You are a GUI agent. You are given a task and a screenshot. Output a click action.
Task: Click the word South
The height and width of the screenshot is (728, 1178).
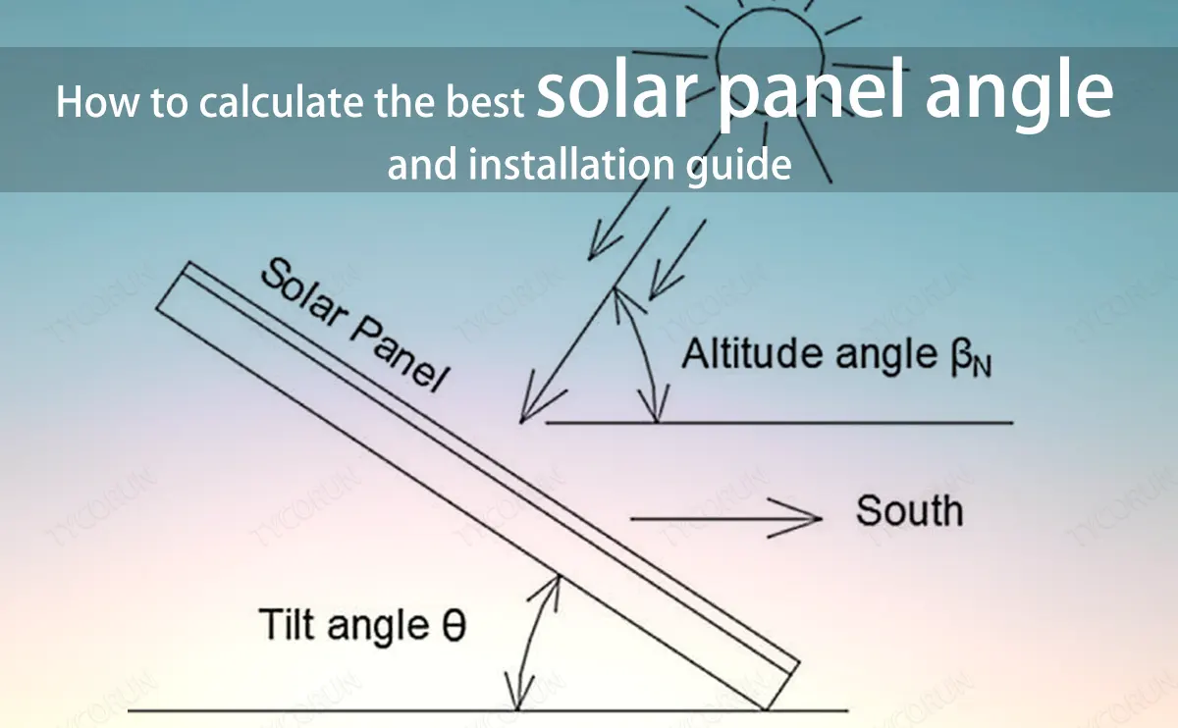click(x=909, y=512)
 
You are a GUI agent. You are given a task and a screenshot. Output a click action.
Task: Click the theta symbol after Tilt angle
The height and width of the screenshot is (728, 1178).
click(x=453, y=625)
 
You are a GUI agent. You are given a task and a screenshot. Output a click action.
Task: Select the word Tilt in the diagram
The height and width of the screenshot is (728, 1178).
click(x=292, y=624)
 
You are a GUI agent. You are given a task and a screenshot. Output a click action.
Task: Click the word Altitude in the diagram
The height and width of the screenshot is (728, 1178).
click(x=752, y=353)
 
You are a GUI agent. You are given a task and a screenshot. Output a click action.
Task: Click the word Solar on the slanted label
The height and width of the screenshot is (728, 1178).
click(x=302, y=289)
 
